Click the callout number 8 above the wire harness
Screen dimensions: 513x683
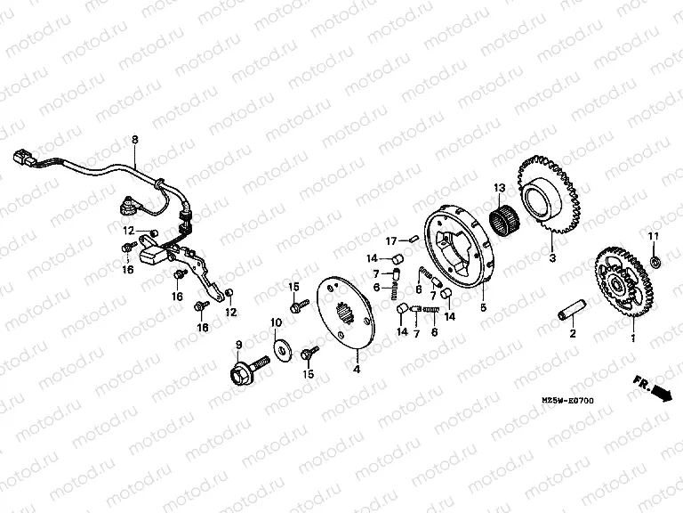pyautogui.click(x=135, y=140)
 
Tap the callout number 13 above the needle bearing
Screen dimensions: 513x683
pyautogui.click(x=499, y=188)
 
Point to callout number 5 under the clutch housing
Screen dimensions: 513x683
pyautogui.click(x=484, y=307)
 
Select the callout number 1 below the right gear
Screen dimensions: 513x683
pyautogui.click(x=632, y=339)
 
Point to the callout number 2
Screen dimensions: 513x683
pyautogui.click(x=573, y=335)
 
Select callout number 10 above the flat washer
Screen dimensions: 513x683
pyautogui.click(x=276, y=322)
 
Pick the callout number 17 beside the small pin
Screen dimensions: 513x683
pyautogui.click(x=390, y=240)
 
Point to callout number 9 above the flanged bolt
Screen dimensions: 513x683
pyautogui.click(x=238, y=345)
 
